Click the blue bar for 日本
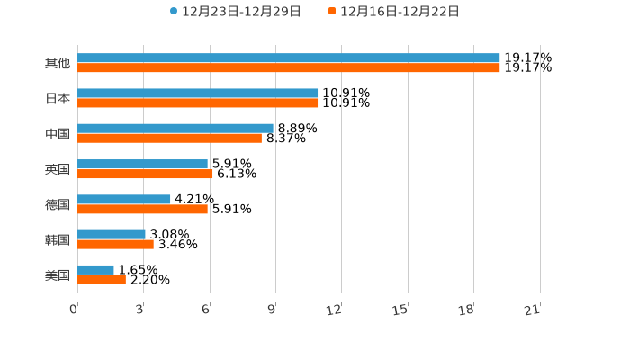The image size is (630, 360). (198, 94)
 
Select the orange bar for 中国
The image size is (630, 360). (169, 139)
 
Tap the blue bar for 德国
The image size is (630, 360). (124, 199)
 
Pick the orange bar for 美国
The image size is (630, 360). (102, 280)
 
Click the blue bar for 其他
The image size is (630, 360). (289, 58)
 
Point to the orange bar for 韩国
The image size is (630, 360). (115, 244)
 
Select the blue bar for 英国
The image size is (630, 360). (142, 164)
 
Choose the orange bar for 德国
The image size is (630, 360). (142, 209)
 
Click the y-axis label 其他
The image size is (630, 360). (58, 63)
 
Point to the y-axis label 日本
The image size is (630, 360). (58, 98)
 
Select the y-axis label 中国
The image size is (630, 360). (58, 133)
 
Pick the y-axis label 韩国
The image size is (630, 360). (58, 239)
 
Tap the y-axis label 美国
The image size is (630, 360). (58, 274)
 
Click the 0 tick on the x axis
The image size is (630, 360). (74, 310)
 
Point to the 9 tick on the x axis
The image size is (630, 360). (272, 310)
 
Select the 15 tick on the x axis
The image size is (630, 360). (400, 310)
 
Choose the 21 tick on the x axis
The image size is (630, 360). (533, 310)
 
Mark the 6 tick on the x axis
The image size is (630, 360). (206, 310)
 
